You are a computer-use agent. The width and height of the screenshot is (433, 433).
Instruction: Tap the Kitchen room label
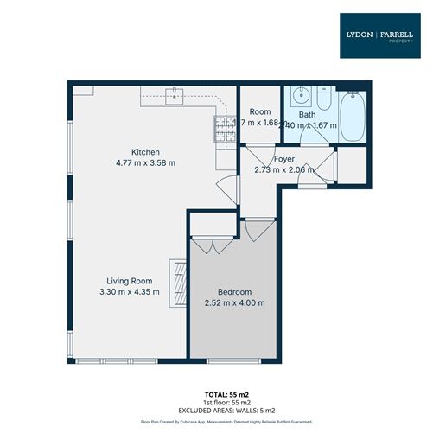coord(145,152)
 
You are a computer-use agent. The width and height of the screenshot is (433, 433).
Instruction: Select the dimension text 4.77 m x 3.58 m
coord(145,162)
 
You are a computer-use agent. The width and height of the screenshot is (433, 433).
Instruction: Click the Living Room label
coord(129,281)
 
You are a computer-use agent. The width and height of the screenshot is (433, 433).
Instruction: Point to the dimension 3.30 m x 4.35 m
coord(129,292)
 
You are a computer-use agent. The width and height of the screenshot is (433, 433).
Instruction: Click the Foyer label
coord(284,159)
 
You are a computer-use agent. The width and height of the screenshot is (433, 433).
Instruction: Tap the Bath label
coord(307,114)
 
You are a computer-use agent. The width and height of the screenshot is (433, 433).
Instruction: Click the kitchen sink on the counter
coord(177,93)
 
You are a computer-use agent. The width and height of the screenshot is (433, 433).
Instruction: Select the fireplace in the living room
coord(180,283)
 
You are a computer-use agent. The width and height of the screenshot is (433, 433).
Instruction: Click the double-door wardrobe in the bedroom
coord(210,244)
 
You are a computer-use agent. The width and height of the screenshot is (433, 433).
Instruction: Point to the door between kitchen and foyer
coord(226,186)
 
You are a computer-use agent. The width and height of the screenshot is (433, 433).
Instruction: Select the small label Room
coord(260,112)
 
